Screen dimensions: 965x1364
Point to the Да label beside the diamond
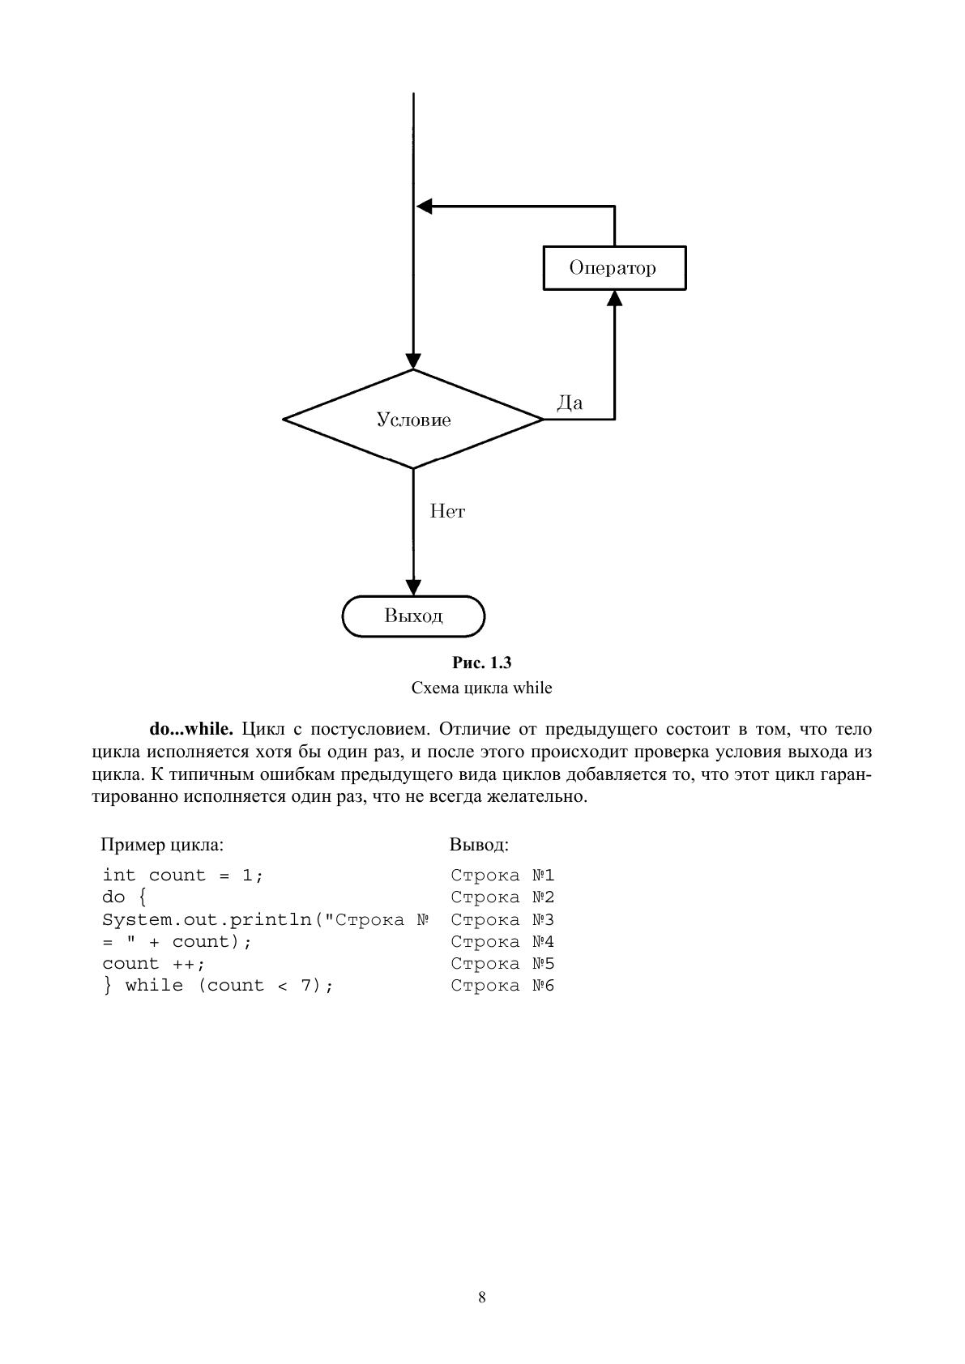tap(570, 403)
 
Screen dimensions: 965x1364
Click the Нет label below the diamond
tap(447, 511)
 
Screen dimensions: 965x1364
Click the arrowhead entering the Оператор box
tap(615, 298)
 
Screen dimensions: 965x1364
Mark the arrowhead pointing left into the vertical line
tap(424, 207)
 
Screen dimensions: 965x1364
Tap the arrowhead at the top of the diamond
tap(413, 361)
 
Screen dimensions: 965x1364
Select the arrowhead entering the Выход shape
tap(413, 587)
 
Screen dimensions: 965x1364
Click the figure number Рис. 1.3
tap(481, 663)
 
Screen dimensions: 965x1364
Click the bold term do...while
tap(191, 728)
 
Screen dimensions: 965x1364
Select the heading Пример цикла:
tap(162, 845)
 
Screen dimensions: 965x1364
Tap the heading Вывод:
tap(479, 845)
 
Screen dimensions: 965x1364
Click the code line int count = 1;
tap(183, 875)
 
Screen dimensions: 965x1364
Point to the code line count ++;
tap(153, 964)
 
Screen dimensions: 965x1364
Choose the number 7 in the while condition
tap(306, 985)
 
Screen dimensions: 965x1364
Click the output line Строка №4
tap(502, 941)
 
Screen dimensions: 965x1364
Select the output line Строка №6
tap(502, 985)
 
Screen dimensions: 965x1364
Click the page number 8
tap(482, 1298)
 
